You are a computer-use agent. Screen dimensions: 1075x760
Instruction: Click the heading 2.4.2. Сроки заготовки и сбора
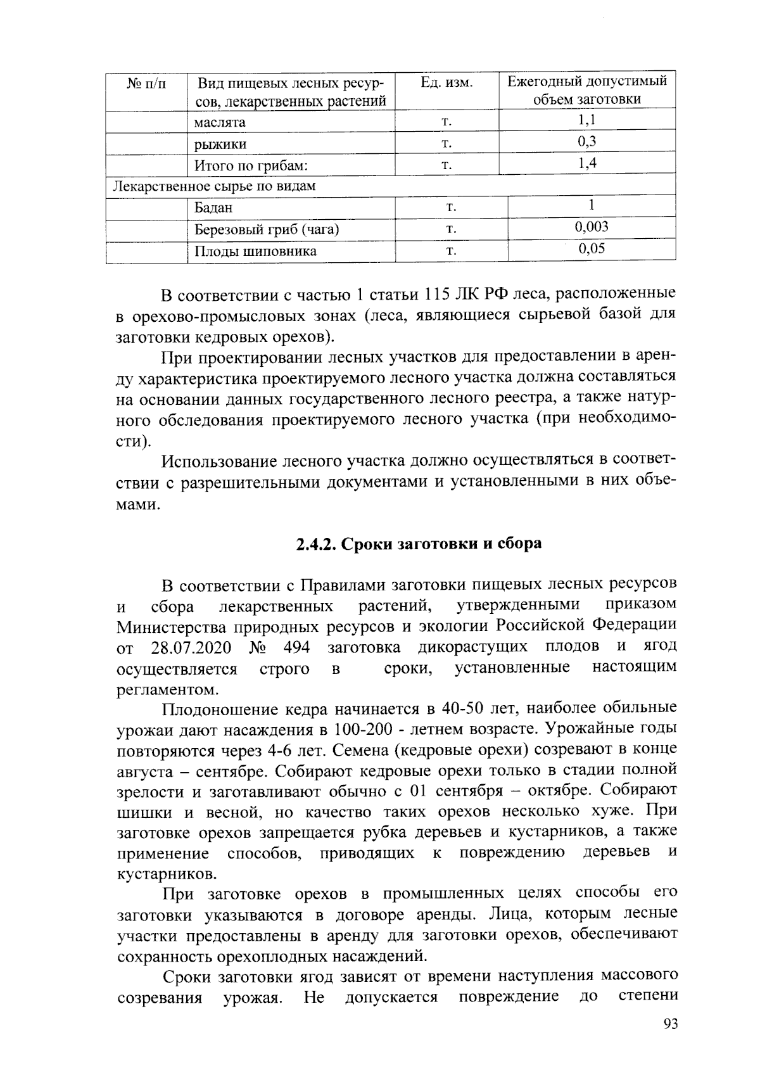419,544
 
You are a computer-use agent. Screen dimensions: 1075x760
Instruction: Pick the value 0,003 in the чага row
592,227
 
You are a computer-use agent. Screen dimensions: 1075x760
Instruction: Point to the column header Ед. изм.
446,83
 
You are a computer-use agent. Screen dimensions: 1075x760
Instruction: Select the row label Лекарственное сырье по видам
214,186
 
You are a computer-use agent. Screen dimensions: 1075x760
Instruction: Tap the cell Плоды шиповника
255,251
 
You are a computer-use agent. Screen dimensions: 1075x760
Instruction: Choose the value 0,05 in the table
592,248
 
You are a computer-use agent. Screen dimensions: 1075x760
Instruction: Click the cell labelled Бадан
213,208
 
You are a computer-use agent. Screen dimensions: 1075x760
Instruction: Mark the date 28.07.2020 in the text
191,648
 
